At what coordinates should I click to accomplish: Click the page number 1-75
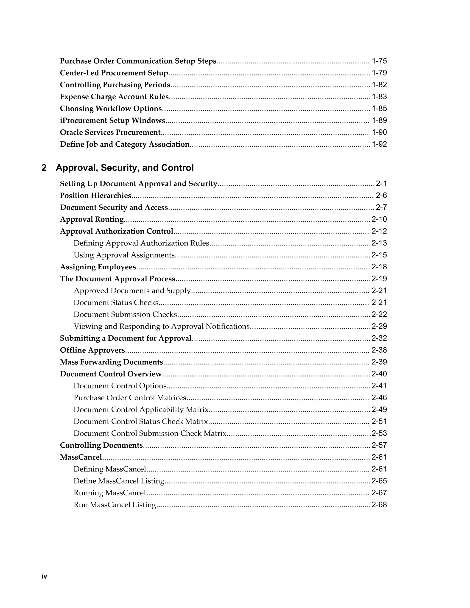[x=379, y=61]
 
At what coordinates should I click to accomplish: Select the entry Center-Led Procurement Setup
[x=114, y=73]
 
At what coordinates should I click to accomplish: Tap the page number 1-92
[x=379, y=144]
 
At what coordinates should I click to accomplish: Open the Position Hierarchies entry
[x=95, y=196]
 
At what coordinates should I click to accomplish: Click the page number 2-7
[x=381, y=207]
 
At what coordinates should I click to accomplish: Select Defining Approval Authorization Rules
[x=141, y=243]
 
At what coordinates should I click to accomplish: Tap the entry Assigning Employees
[x=98, y=267]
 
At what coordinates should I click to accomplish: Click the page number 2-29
[x=379, y=326]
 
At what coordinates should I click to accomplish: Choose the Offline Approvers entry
[x=92, y=350]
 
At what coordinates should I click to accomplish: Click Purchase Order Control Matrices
[x=130, y=398]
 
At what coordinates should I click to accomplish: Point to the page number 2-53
[x=379, y=433]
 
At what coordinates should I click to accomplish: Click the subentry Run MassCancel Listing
[x=115, y=505]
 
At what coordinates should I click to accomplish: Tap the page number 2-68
[x=379, y=505]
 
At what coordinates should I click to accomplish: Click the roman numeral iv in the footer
[x=44, y=576]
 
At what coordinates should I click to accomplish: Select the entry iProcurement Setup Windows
[x=112, y=120]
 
